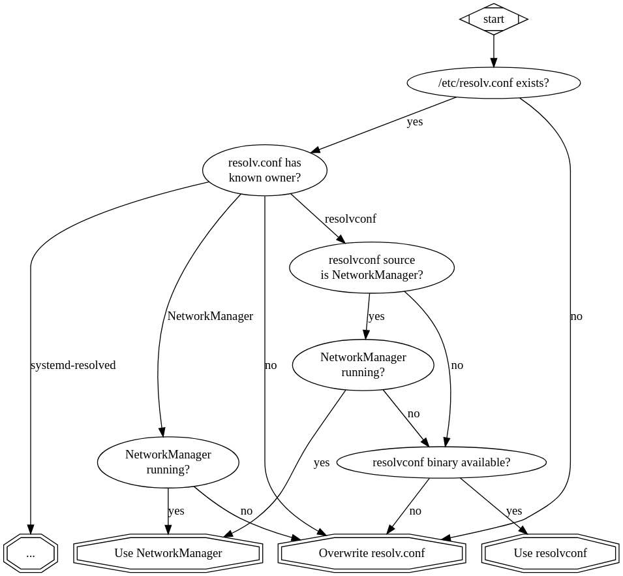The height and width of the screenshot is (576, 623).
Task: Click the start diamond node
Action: point(493,19)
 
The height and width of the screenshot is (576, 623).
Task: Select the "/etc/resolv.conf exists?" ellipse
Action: point(493,83)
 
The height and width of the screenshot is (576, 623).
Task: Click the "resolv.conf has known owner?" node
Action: point(264,170)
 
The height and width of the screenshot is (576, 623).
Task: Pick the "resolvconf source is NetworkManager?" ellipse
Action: point(371,267)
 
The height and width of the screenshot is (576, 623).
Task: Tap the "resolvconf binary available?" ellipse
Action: point(441,462)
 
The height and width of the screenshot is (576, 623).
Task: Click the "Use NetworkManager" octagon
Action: point(168,553)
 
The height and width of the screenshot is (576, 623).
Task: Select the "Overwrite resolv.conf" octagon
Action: point(371,553)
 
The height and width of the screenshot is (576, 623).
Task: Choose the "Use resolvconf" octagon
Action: point(550,553)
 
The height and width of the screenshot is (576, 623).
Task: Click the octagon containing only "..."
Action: point(30,553)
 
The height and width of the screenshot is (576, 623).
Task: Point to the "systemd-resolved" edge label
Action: point(73,365)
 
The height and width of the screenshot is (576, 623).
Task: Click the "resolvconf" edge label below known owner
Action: point(350,219)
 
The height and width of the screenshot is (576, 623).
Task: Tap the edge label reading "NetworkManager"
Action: point(210,316)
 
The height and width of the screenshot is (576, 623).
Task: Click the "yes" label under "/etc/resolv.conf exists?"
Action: point(415,121)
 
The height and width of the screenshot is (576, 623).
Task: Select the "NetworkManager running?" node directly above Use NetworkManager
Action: point(168,462)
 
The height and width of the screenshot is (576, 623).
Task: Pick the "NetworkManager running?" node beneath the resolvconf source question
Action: point(363,364)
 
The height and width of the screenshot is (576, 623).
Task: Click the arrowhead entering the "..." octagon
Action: point(30,530)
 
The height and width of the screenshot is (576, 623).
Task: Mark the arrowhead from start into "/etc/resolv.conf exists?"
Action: point(493,63)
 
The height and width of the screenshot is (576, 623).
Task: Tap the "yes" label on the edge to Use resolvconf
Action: point(514,511)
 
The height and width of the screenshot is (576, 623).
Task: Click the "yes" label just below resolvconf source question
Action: point(376,316)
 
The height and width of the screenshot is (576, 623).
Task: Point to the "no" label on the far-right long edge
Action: point(576,316)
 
